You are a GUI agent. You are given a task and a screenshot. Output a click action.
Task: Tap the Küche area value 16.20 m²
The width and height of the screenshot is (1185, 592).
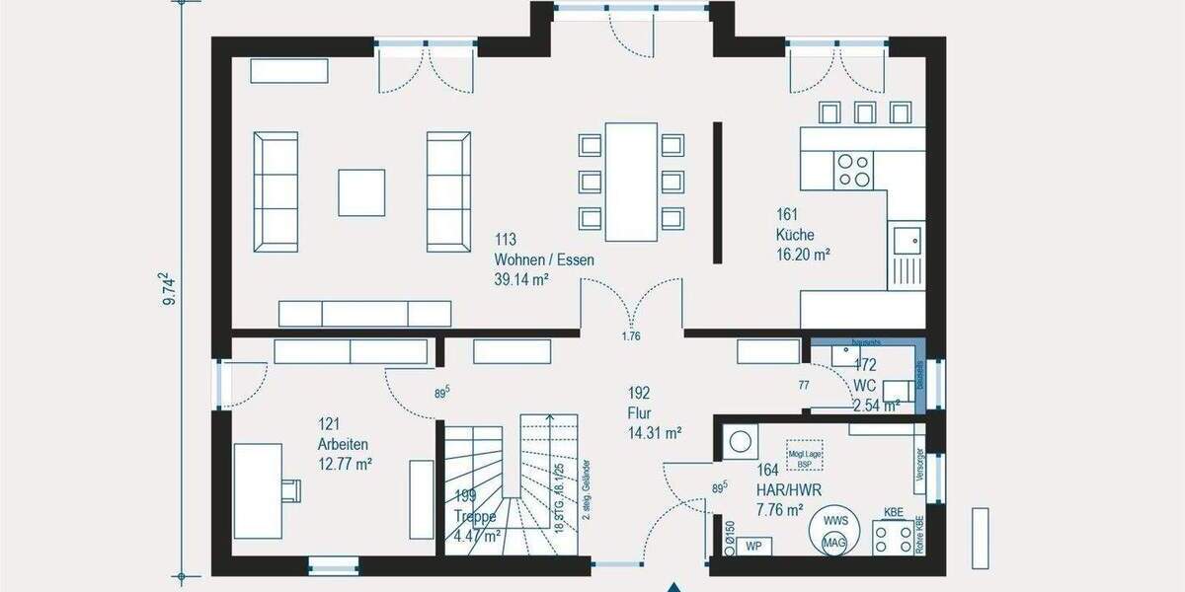(802, 254)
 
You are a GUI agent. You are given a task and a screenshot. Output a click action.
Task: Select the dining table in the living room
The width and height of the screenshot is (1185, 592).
(631, 181)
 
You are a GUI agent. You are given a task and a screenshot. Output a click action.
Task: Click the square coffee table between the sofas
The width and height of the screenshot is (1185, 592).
(361, 191)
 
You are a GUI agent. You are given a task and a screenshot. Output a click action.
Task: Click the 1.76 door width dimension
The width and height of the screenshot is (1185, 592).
(631, 336)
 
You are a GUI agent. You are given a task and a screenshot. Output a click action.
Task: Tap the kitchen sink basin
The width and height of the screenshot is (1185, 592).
(906, 238)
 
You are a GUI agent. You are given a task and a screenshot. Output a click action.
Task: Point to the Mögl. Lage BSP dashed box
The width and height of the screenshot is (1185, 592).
(804, 454)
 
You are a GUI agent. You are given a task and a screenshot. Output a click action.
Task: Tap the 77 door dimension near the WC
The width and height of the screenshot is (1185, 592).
(804, 384)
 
